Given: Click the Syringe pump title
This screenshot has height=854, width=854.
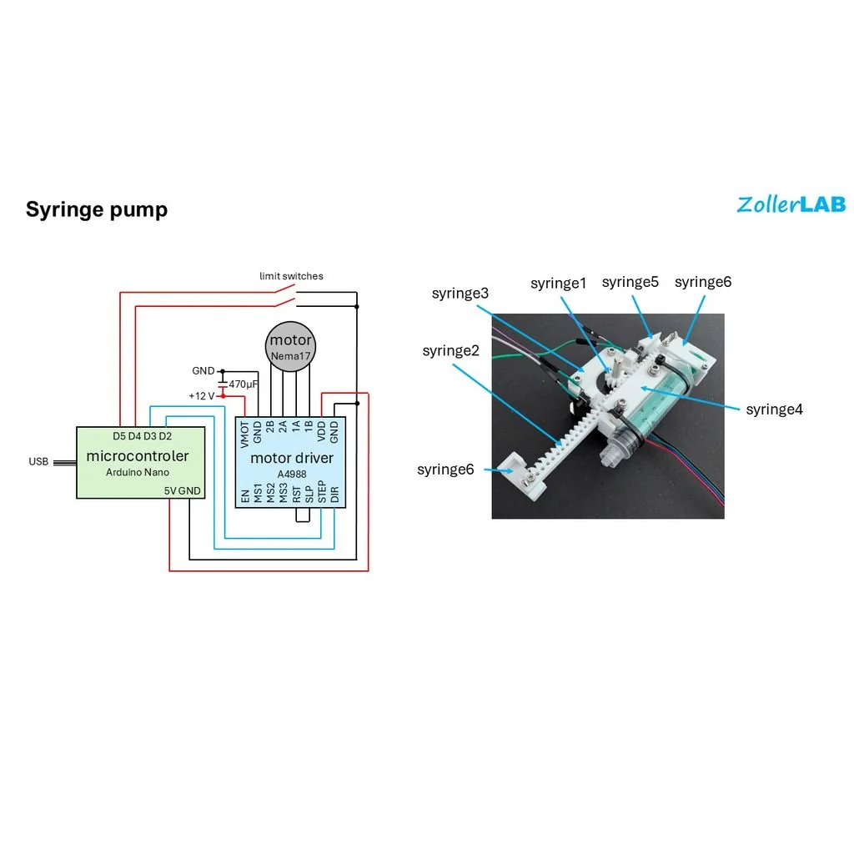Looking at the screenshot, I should [97, 209].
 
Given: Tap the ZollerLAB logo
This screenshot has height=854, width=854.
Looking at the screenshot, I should [791, 204].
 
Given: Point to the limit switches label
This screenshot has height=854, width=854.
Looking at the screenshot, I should [291, 276].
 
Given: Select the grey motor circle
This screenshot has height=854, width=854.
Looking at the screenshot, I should [290, 345].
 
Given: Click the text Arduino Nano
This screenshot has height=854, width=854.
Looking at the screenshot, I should [138, 472].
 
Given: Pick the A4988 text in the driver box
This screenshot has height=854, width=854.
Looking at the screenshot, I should [292, 473].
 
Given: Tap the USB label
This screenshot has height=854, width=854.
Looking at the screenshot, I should [38, 462].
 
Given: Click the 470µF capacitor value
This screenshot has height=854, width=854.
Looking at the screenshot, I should [243, 384].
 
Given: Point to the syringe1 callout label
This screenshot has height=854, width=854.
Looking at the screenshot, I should [559, 284].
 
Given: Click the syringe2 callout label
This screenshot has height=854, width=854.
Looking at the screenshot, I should [450, 350].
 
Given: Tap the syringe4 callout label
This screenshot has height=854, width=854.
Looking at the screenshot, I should [774, 409].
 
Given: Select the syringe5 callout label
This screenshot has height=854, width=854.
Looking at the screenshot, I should [630, 282].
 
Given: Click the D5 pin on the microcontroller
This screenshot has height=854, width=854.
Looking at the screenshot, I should [119, 436].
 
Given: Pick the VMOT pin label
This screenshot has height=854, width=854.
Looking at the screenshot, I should [245, 433].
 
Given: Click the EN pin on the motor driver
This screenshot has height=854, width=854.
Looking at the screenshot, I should [245, 496].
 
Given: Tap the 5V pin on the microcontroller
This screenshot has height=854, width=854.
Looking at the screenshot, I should [170, 490].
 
